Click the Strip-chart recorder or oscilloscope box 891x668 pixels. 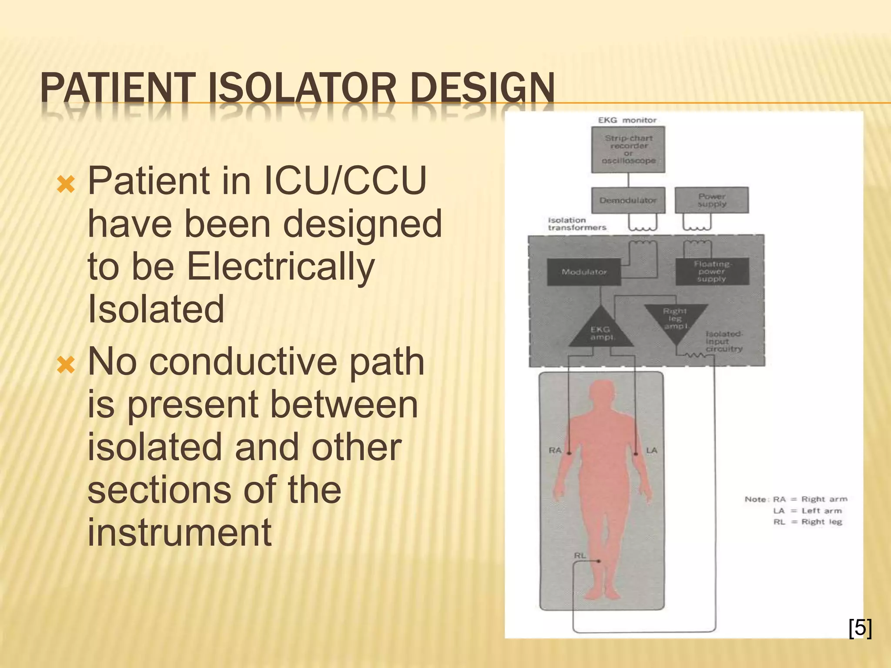(x=628, y=149)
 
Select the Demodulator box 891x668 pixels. (x=628, y=200)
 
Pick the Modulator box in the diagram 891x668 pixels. (x=584, y=272)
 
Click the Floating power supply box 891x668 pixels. (x=712, y=271)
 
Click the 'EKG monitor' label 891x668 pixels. (x=627, y=120)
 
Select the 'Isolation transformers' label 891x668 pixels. (x=577, y=224)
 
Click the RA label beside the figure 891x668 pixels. (x=555, y=450)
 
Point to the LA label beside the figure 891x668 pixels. (x=651, y=450)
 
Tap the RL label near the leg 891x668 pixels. (x=580, y=556)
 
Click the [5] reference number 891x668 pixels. (x=860, y=628)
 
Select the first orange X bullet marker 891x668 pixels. (x=66, y=185)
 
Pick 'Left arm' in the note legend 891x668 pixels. (x=821, y=511)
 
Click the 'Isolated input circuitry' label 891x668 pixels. (x=724, y=341)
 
